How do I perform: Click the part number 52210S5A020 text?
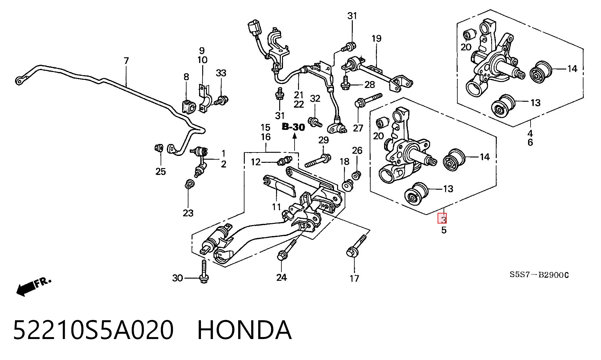(93, 330)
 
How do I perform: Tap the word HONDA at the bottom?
(244, 330)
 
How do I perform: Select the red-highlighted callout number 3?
(442, 218)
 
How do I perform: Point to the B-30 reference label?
(293, 127)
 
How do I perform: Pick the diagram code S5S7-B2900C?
(539, 275)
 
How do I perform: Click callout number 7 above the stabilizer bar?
(126, 61)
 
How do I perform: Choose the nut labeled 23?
(188, 184)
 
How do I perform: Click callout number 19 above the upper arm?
(377, 39)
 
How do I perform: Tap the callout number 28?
(370, 85)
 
